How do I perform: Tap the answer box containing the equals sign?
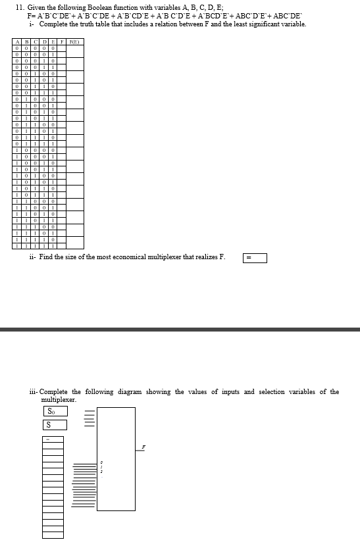pyautogui.click(x=255, y=259)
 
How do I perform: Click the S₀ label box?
pyautogui.click(x=55, y=411)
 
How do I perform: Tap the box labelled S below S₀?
pyautogui.click(x=55, y=425)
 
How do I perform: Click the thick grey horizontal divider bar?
pyautogui.click(x=180, y=329)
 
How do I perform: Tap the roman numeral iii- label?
pyautogui.click(x=34, y=392)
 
